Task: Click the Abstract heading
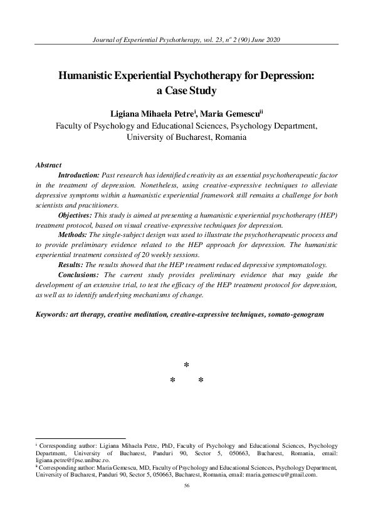click(48, 165)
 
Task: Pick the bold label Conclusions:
click(79, 275)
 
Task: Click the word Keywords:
click(54, 313)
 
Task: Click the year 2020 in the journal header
click(271, 40)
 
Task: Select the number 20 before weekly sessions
click(142, 256)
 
